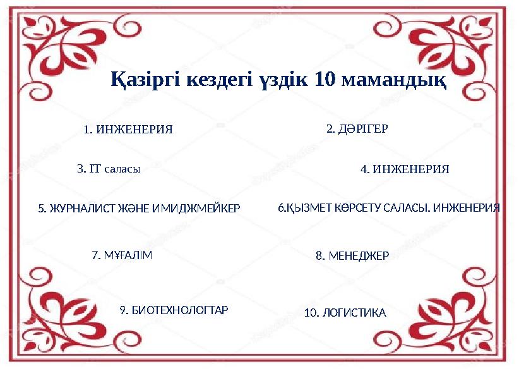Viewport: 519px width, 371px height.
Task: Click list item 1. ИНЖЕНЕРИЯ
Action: pos(128,130)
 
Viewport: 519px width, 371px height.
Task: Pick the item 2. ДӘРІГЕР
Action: pos(357,129)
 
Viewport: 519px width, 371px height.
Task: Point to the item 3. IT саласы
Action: pos(108,169)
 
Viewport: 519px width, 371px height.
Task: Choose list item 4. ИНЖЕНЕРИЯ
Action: pos(404,169)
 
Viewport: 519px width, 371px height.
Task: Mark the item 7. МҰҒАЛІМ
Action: pos(122,255)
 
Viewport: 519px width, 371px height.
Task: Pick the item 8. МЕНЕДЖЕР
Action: pos(352,256)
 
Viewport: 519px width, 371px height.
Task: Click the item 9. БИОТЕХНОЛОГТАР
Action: pos(174,310)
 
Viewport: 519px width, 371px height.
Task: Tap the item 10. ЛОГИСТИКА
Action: pos(345,313)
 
